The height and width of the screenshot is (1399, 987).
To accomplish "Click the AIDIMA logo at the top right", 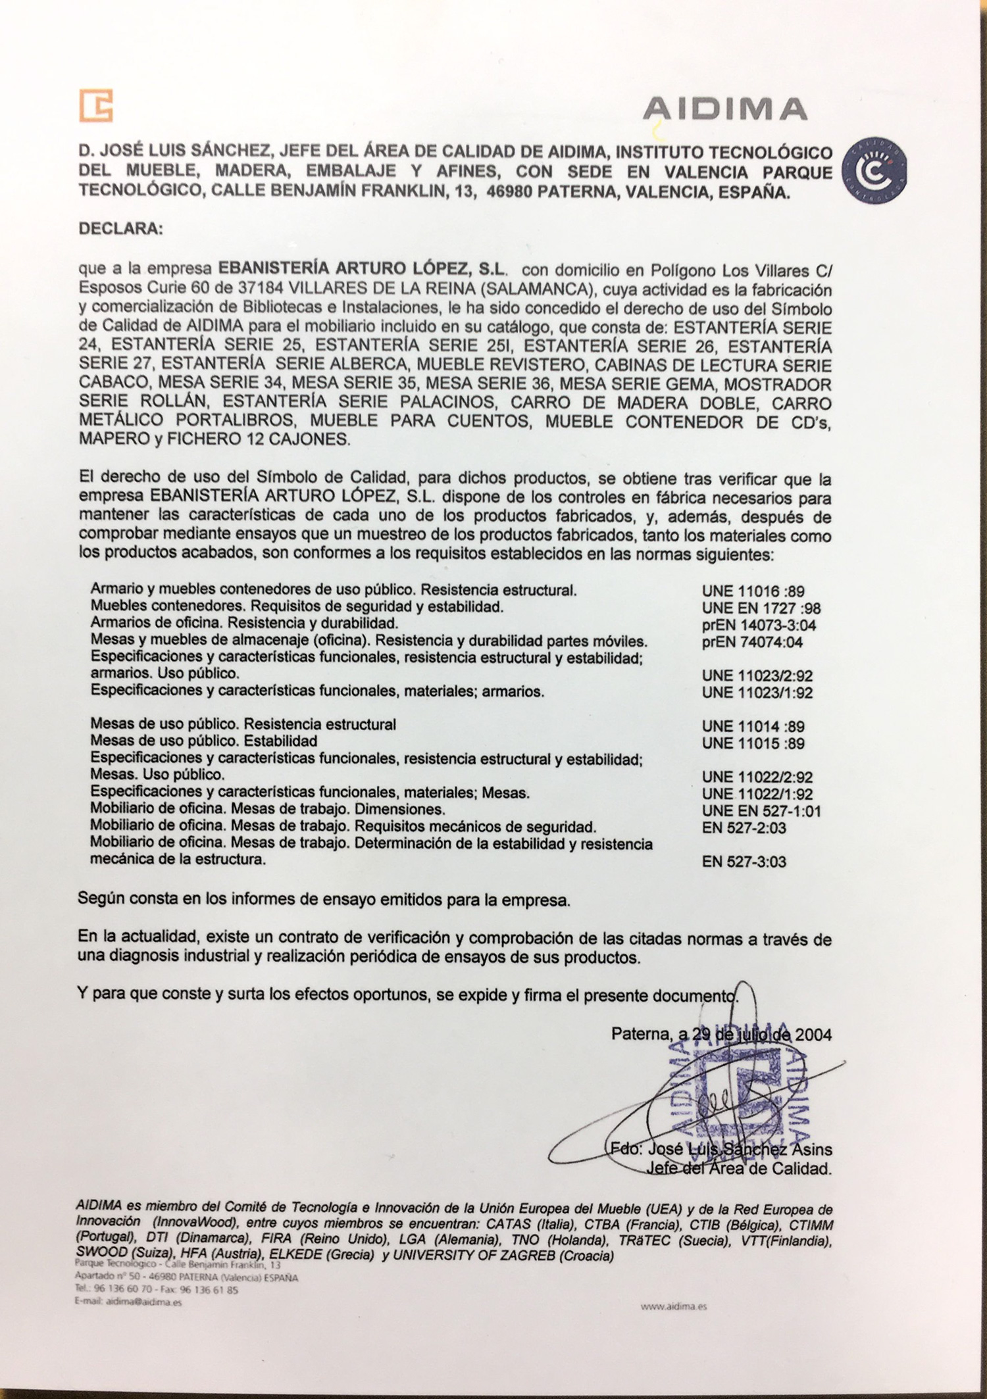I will click(x=724, y=109).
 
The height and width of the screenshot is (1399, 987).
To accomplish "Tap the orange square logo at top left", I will click(x=96, y=105).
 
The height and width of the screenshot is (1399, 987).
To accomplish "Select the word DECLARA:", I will click(x=119, y=230).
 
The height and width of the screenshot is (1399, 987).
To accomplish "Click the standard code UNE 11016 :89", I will click(x=753, y=591).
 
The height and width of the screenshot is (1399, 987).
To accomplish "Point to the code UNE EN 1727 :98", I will click(x=761, y=608).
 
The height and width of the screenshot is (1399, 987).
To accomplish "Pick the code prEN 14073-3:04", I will click(x=759, y=626).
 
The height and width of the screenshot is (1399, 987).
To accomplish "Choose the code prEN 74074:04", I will click(x=752, y=643).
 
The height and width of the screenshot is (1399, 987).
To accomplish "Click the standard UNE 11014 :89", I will click(x=753, y=727).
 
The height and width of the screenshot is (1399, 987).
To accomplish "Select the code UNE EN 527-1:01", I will click(x=761, y=811).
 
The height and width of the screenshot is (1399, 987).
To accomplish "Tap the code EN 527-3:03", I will click(x=744, y=862).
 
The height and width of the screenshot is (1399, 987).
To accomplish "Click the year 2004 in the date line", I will click(x=813, y=1035).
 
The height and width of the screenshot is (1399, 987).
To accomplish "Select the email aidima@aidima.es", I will click(x=129, y=1301).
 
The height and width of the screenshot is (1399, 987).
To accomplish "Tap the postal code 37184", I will click(x=263, y=289).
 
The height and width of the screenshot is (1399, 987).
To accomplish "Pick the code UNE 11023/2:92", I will click(x=757, y=676).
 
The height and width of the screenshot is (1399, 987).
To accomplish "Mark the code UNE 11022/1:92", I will click(x=757, y=794).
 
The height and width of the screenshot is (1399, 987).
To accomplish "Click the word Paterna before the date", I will click(x=639, y=1035).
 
